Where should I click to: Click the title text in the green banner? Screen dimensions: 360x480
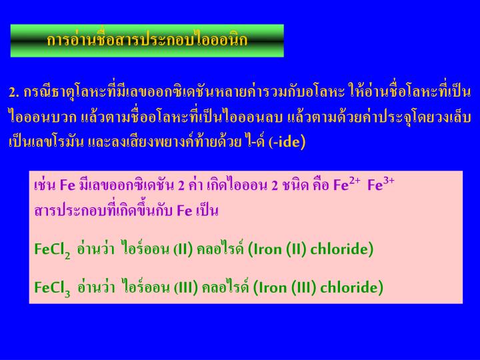tap(147, 40)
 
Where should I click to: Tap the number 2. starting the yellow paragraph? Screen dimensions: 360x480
tap(14, 91)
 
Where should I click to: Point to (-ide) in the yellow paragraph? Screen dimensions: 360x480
tap(287, 141)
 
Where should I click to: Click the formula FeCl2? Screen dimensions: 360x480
tap(53, 250)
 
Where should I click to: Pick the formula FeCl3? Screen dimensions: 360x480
tap(53, 288)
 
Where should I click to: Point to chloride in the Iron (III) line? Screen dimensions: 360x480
tap(351, 287)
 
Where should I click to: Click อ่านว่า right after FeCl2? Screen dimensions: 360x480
tap(95, 249)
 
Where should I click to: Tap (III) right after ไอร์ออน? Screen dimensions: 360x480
tap(186, 287)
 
